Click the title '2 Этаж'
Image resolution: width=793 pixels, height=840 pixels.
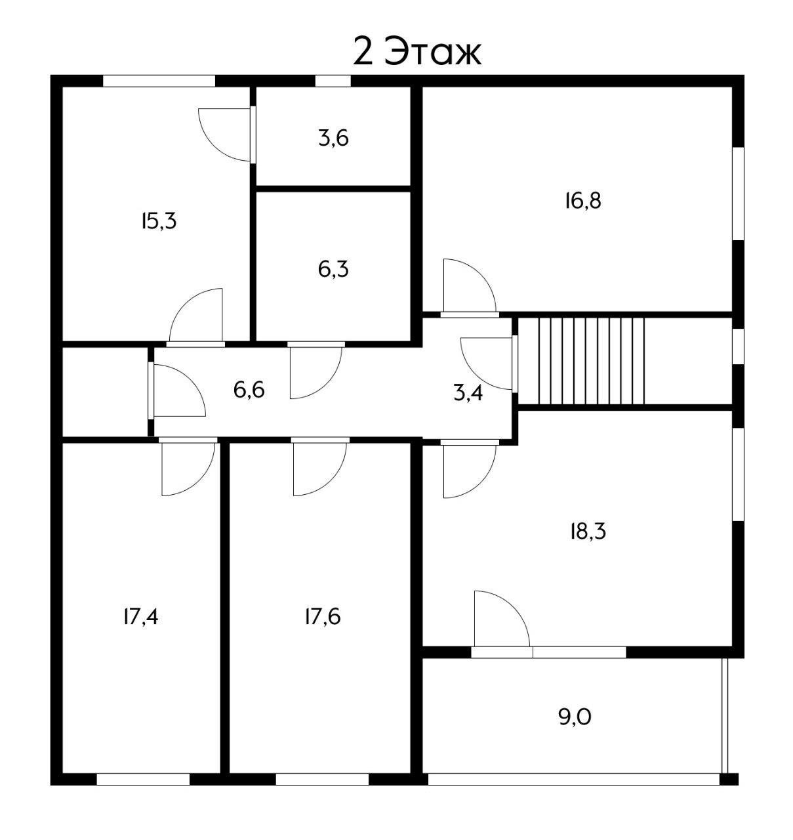pyautogui.click(x=417, y=52)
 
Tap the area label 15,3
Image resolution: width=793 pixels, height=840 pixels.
pyautogui.click(x=159, y=221)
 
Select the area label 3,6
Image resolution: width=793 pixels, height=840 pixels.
pyautogui.click(x=333, y=138)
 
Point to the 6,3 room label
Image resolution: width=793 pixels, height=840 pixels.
pyautogui.click(x=333, y=270)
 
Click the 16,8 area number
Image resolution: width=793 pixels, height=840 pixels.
pyautogui.click(x=583, y=200)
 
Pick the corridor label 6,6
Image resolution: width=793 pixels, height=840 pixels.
pyautogui.click(x=249, y=390)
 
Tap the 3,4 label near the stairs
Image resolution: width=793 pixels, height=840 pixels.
pyautogui.click(x=468, y=393)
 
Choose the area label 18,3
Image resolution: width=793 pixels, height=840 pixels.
pyautogui.click(x=588, y=532)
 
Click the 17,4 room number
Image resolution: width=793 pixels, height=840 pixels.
pyautogui.click(x=141, y=617)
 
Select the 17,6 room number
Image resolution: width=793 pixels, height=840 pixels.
pyautogui.click(x=323, y=617)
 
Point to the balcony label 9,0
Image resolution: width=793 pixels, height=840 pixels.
pyautogui.click(x=575, y=717)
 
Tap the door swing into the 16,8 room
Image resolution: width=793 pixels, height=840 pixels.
pyautogui.click(x=470, y=287)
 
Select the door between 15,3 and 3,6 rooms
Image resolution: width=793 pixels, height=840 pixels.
pyautogui.click(x=227, y=135)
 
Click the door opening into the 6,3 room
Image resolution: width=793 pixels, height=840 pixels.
pyautogui.click(x=315, y=370)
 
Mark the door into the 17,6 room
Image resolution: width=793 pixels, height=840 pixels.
pyautogui.click(x=320, y=467)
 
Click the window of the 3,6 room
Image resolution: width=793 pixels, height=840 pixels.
pyautogui.click(x=333, y=81)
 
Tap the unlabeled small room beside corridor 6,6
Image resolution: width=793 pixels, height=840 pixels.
pyautogui.click(x=105, y=392)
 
